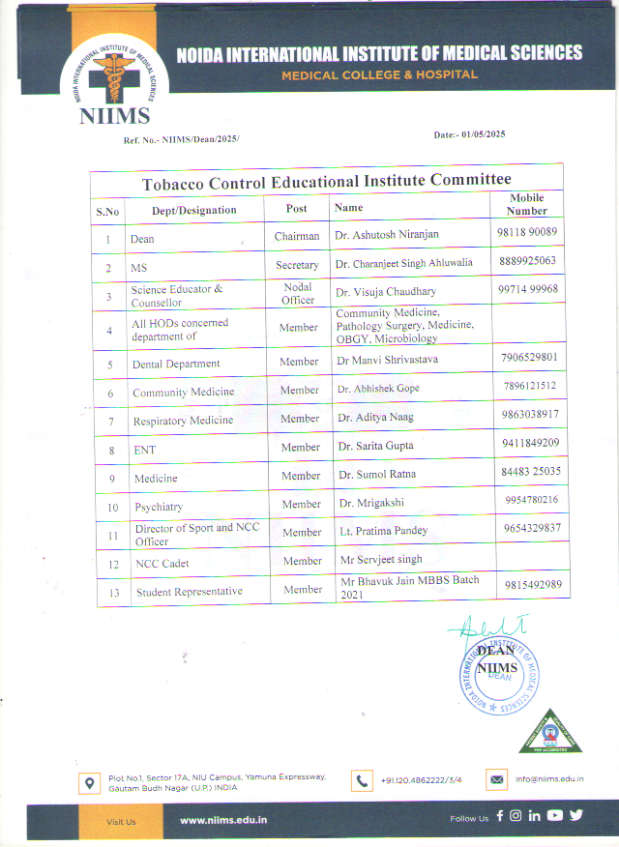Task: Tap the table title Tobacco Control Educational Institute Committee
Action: (x=326, y=181)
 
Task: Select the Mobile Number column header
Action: (x=527, y=204)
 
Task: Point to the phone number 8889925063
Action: (x=527, y=262)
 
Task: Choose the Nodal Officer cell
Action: (x=297, y=293)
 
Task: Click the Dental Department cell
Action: (x=176, y=364)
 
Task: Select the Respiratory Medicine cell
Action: (x=183, y=421)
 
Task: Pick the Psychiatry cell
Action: (x=159, y=507)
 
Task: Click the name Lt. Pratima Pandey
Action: (x=384, y=531)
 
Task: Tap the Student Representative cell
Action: (x=189, y=592)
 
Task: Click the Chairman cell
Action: (x=296, y=236)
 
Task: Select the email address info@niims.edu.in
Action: (x=549, y=778)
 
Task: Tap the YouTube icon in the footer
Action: (x=554, y=815)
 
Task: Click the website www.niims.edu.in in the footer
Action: (x=223, y=820)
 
